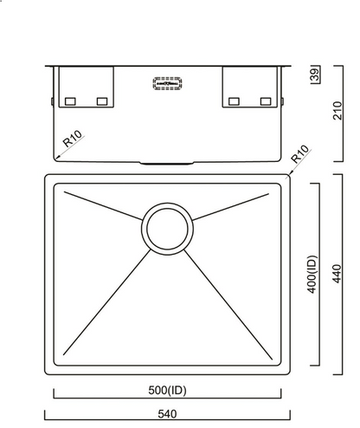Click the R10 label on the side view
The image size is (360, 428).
click(x=72, y=139)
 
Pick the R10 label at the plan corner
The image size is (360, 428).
click(x=299, y=157)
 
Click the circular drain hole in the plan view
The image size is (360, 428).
click(x=165, y=228)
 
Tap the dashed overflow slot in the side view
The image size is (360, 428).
click(x=167, y=84)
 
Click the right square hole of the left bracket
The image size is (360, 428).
click(x=102, y=101)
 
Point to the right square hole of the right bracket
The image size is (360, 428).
click(x=266, y=101)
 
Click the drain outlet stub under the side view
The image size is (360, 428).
click(x=167, y=162)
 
